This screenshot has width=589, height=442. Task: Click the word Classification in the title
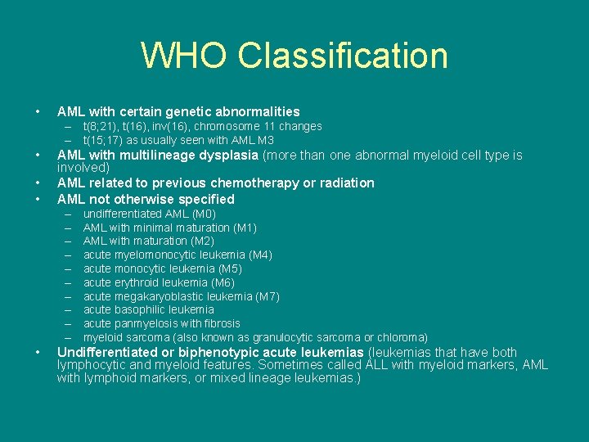[x=343, y=56]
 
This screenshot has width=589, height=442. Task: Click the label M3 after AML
[x=264, y=140]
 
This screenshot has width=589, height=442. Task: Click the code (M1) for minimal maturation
[x=245, y=228]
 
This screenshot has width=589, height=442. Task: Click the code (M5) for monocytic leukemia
[x=230, y=268]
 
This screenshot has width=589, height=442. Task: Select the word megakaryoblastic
[x=156, y=296]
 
